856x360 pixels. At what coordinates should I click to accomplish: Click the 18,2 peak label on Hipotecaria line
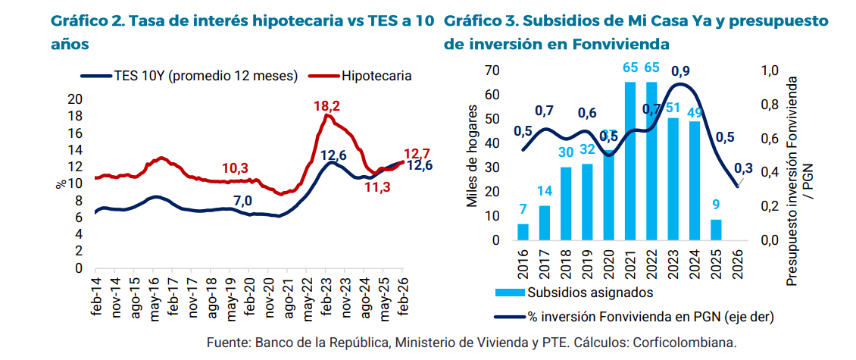pos(326,105)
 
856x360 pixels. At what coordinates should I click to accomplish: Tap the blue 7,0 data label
pos(242,200)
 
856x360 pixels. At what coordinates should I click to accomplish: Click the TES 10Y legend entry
pos(189,76)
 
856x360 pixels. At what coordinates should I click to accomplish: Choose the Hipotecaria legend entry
pos(376,76)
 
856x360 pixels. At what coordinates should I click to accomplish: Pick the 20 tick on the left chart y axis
pos(75,99)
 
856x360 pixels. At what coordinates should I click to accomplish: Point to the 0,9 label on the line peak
pos(680,72)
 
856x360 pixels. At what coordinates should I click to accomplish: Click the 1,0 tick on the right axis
pos(770,70)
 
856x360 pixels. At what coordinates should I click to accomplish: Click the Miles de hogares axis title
pos(472,155)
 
